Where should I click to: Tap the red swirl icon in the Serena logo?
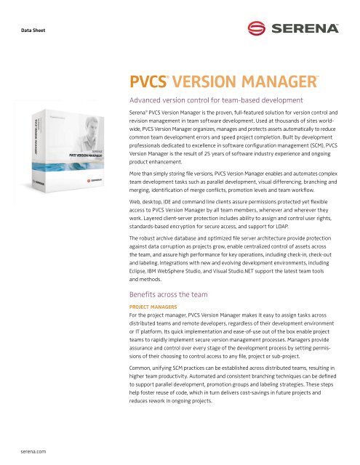pyautogui.click(x=256, y=31)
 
